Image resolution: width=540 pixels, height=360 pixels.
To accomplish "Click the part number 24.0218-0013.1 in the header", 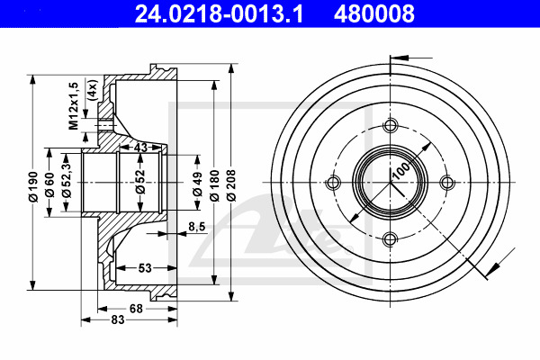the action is pos(219,13).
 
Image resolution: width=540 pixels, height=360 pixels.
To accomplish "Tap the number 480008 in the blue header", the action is pos(374,13).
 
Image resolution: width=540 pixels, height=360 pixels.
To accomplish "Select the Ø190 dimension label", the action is pos(33,186).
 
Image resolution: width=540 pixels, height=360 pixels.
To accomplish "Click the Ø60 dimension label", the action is pos(49,184).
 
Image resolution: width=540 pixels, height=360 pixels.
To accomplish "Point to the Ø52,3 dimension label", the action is pos(67,179).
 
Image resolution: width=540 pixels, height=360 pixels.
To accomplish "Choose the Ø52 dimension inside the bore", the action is pos(140,182).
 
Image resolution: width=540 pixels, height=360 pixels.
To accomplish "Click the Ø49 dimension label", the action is pos(197,184).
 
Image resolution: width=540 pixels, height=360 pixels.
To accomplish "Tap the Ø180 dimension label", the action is pos(214,185).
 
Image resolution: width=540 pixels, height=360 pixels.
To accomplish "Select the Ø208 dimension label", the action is pos(231,185).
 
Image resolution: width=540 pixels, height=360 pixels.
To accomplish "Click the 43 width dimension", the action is pos(140,148).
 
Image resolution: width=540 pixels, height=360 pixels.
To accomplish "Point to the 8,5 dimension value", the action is pos(196,226).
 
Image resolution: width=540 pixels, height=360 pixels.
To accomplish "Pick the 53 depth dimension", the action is pos(145,267).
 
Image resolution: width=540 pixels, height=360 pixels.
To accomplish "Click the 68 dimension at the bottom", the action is pos(136,309).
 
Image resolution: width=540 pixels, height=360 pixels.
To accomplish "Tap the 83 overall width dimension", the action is pos(118,319).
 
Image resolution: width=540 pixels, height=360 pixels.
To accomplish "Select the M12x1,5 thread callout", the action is pos(74,106).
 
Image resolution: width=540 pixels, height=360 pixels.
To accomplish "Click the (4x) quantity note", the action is pos(93,90).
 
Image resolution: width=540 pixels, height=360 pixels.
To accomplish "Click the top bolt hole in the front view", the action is pos(391,125).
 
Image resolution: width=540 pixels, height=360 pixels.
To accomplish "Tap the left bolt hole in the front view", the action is pos(333,182).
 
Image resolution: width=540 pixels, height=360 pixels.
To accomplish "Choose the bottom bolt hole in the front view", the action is pos(391,238).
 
